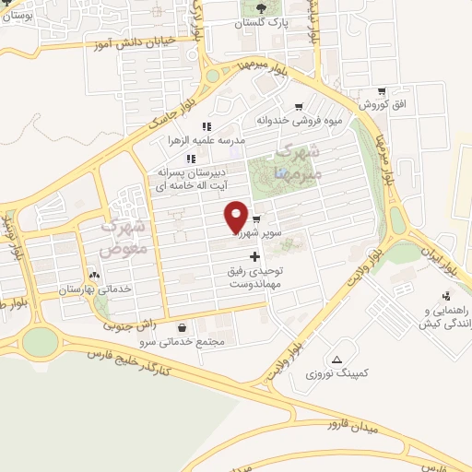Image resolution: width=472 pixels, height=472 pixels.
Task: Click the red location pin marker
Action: click(x=236, y=217)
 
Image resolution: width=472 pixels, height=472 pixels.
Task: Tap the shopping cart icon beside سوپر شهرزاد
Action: click(x=255, y=220)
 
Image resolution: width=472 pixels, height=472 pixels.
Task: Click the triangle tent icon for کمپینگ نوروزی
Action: click(x=337, y=359)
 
